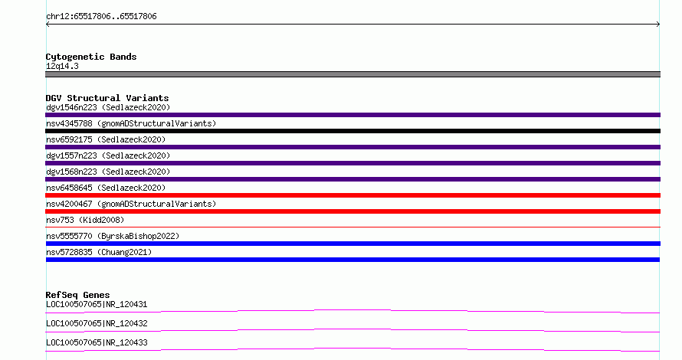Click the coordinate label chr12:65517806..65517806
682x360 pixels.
[x=101, y=17]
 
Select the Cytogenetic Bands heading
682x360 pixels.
[x=91, y=57]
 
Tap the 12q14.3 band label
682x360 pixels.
[x=62, y=66]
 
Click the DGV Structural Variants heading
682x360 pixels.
[x=107, y=98]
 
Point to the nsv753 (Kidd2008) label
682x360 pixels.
[x=85, y=220]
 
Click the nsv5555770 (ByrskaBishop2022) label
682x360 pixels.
[x=113, y=236]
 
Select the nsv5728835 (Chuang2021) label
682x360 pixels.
[x=99, y=252]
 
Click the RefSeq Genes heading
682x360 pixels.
[x=77, y=295]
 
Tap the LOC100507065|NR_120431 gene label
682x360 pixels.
[x=97, y=304]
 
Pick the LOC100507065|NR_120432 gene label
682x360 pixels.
[x=97, y=323]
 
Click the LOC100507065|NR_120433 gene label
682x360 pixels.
[x=97, y=342]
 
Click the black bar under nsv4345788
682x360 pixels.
[x=352, y=131]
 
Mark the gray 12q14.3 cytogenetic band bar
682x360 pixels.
[x=352, y=74]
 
